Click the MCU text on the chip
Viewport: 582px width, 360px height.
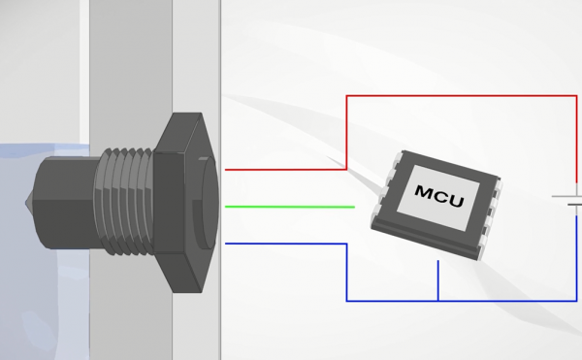(x=439, y=196)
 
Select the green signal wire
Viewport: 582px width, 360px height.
(x=290, y=207)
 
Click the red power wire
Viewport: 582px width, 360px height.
(x=462, y=96)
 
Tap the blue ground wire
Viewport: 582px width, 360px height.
(x=462, y=301)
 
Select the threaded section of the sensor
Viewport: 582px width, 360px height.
(x=124, y=202)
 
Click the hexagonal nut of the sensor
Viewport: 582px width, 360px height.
(x=182, y=203)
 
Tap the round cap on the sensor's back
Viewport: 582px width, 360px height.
(x=208, y=203)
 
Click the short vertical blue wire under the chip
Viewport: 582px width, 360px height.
(x=438, y=280)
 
